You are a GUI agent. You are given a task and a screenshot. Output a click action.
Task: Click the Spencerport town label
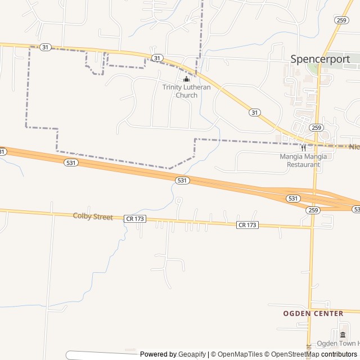[320, 59]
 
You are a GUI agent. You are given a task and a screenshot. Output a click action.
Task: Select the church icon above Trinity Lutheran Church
[187, 79]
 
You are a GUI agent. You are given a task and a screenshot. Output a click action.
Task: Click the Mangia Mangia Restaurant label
[303, 160]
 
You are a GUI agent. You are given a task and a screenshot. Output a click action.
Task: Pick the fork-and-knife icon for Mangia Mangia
[303, 148]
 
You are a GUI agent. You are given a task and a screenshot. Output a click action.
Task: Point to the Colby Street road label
[93, 217]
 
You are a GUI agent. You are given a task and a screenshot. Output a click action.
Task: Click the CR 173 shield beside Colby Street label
[135, 218]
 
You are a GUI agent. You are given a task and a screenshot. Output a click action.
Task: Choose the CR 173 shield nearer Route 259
[247, 225]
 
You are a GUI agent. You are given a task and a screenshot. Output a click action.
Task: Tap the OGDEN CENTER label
[313, 313]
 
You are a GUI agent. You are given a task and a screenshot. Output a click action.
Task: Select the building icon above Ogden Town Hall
[343, 335]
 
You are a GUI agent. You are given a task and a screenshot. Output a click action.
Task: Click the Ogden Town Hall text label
[337, 344]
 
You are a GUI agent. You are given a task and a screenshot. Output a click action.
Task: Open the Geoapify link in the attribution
[192, 354]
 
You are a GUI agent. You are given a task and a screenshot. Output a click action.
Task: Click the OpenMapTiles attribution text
[236, 354]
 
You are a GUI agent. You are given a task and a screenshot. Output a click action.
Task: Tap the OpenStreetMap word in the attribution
[292, 354]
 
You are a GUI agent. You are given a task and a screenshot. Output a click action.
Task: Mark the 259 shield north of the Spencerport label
[341, 20]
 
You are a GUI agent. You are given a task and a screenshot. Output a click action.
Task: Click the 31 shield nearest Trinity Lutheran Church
[157, 58]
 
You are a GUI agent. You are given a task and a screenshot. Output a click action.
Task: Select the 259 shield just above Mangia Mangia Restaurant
[316, 128]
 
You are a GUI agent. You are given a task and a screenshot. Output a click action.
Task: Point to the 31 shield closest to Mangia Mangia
[255, 112]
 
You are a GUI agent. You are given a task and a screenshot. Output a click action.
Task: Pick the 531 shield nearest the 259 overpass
[292, 199]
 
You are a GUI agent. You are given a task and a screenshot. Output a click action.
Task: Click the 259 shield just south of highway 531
[313, 210]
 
